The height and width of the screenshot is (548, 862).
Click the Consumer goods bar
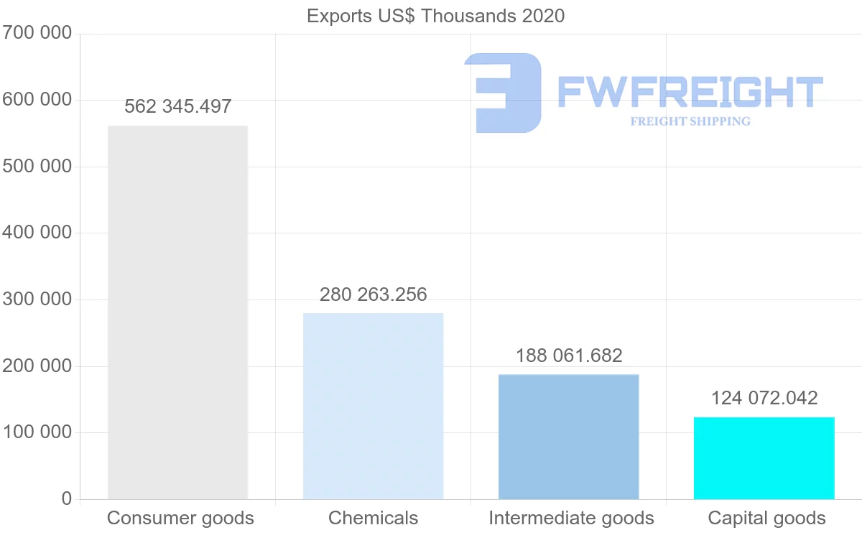(x=177, y=312)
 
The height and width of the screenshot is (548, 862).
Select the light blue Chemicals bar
(x=373, y=406)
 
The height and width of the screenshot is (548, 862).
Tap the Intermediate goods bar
(x=568, y=437)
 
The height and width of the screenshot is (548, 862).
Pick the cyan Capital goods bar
(x=764, y=458)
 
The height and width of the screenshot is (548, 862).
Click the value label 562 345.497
(x=177, y=107)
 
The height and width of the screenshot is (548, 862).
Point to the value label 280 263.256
(x=373, y=294)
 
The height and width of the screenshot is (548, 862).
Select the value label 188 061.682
(x=568, y=356)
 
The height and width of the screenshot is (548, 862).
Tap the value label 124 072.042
(x=764, y=398)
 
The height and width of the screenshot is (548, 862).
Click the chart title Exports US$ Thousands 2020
(x=435, y=16)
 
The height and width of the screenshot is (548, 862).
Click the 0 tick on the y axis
(x=67, y=498)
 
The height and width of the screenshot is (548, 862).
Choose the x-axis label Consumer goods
(x=180, y=518)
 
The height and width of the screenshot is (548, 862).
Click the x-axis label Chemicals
(x=373, y=518)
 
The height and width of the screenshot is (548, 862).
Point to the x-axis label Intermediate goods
(x=571, y=518)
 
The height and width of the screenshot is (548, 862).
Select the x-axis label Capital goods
(x=766, y=518)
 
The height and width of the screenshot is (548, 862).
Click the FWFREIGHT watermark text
(x=690, y=92)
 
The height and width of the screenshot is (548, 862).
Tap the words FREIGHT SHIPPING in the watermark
(x=690, y=121)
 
